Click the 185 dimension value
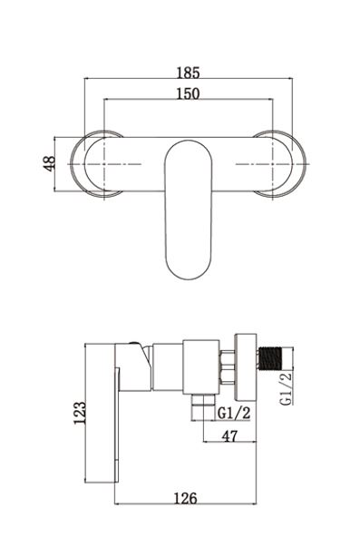pos(189,73)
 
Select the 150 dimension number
pos(189,93)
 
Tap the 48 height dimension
pos(50,164)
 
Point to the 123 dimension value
pos(80,413)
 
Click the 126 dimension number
pos(185,498)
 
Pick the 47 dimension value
pos(230,435)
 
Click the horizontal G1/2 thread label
pos(234,413)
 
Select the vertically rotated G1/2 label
pos(287,388)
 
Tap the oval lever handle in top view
pos(189,210)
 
